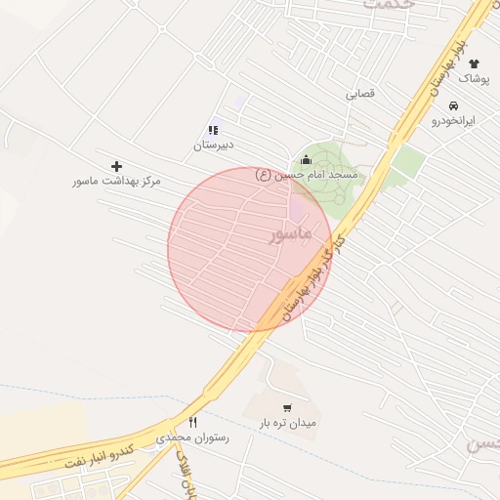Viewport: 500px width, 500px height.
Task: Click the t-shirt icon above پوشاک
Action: [474, 63]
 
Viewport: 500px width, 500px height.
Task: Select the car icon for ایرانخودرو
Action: [454, 105]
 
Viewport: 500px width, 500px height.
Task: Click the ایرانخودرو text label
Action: [453, 121]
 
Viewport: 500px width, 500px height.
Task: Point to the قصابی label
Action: [360, 96]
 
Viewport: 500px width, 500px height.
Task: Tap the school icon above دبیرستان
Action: [213, 130]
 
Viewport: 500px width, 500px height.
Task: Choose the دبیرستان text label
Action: [212, 145]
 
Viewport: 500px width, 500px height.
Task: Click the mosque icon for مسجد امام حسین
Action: [306, 160]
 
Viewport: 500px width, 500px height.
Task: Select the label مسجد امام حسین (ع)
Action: [307, 175]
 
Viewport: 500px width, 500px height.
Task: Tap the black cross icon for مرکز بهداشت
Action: [117, 167]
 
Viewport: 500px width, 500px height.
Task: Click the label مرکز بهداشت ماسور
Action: [116, 182]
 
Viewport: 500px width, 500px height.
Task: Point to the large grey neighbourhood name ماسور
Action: [290, 235]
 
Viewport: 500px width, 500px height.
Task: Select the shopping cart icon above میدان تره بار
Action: [286, 408]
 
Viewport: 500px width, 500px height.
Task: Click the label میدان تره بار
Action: [288, 424]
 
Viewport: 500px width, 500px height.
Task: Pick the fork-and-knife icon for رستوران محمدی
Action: [192, 423]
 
